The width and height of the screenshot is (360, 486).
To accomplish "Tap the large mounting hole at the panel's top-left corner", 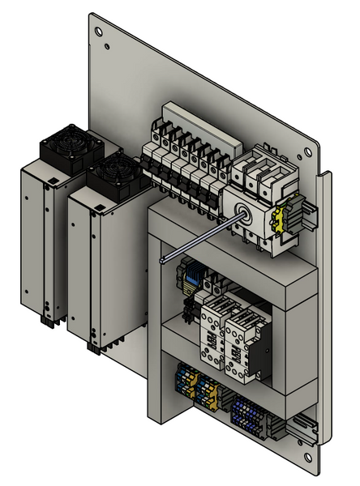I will pyautogui.click(x=98, y=33).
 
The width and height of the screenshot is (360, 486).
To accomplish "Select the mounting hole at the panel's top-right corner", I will pyautogui.click(x=306, y=153).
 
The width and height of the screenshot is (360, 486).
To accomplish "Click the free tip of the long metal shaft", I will pyautogui.click(x=164, y=260).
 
